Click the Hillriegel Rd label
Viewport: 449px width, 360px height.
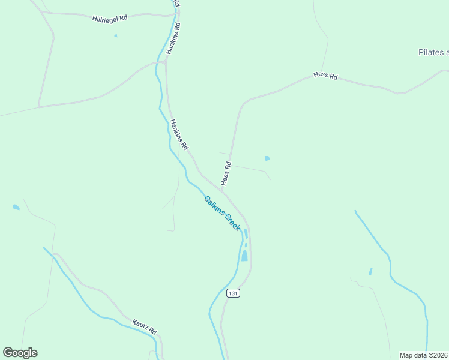point(110,19)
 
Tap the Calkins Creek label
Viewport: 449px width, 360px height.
point(222,214)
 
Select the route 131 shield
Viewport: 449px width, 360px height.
point(234,293)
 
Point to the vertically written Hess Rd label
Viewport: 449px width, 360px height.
point(226,173)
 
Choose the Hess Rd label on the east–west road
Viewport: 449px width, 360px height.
point(325,77)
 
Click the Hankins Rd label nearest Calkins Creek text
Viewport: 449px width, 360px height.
point(179,134)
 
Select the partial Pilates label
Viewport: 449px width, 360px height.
point(433,52)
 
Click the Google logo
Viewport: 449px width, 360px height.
point(20,353)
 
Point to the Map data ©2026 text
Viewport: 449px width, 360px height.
point(424,355)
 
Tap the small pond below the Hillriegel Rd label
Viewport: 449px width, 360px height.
point(116,36)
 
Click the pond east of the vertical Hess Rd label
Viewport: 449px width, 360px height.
point(267,158)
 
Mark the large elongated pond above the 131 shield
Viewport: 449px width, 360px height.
point(244,256)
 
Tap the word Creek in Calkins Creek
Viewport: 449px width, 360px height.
point(232,223)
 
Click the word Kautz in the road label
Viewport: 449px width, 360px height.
point(139,326)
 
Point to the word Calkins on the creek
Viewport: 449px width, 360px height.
point(214,206)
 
